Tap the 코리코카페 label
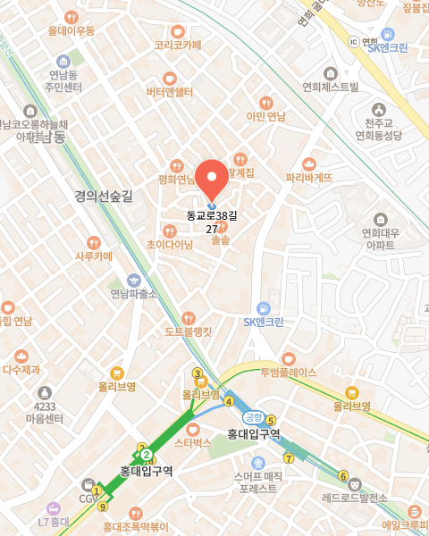tap(178, 45)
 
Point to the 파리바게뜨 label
tap(308, 177)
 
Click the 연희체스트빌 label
tap(331, 87)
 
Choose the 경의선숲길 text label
tap(104, 197)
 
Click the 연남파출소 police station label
tap(134, 293)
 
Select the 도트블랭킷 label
tap(188, 331)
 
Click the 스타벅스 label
tap(193, 441)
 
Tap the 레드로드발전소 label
tap(355, 497)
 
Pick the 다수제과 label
tap(21, 368)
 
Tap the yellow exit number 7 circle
tap(289, 459)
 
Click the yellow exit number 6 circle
tap(343, 475)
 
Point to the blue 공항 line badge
tap(253, 416)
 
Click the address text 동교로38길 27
tap(213, 222)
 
